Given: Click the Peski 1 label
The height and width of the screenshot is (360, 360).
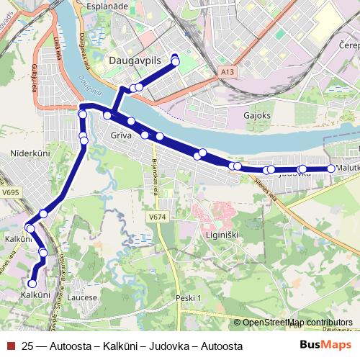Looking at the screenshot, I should click(x=191, y=297).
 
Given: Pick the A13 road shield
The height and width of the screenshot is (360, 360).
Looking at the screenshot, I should click(x=228, y=72).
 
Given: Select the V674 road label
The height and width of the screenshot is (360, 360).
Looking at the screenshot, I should click(x=158, y=216).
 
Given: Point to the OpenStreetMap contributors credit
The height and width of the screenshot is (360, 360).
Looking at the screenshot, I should click(x=297, y=323).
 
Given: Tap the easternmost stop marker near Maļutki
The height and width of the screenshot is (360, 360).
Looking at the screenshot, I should click(x=331, y=168).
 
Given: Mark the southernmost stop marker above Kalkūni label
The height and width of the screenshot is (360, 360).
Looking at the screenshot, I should click(x=32, y=284).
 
